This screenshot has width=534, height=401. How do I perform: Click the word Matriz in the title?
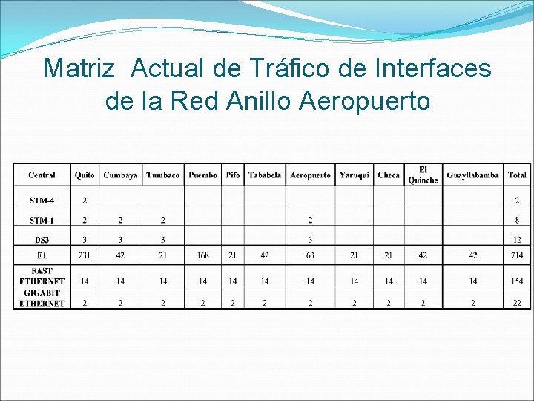click(79, 68)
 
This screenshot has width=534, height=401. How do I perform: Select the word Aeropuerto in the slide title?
click(364, 100)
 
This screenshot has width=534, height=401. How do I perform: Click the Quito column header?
click(85, 175)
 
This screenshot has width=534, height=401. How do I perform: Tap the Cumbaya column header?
click(120, 175)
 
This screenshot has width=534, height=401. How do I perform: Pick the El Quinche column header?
click(423, 175)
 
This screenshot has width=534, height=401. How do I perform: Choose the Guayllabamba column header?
click(472, 175)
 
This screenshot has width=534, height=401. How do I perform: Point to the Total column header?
click(517, 175)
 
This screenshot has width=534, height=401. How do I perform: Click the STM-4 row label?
click(42, 200)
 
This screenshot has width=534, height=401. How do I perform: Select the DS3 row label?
click(42, 240)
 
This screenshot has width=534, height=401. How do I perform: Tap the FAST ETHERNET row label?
click(42, 276)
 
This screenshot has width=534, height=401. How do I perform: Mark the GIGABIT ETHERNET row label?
click(42, 298)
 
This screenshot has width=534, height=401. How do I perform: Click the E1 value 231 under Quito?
click(85, 255)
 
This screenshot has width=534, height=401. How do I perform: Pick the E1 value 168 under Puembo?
click(202, 255)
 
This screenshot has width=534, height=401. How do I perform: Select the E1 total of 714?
click(517, 255)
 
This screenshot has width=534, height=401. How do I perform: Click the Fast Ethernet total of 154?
click(517, 281)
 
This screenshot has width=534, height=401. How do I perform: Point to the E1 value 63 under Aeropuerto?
click(310, 255)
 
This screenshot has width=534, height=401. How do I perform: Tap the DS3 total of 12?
click(517, 240)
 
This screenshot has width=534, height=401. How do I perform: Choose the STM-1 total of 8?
click(517, 220)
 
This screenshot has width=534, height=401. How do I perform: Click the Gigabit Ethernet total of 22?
click(517, 303)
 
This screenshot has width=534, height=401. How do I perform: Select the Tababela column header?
click(264, 175)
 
